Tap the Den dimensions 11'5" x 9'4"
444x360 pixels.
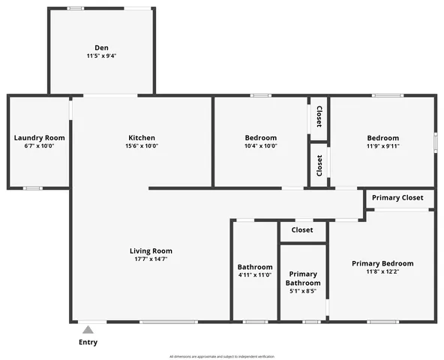pos(101,56)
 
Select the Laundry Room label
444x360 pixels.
pos(39,138)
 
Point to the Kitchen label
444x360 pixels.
pos(142,138)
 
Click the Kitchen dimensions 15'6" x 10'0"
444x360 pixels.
pos(142,146)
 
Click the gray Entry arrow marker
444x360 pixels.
pos(88,329)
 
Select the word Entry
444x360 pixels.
pos(88,343)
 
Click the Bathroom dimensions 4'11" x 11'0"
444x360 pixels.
pos(255,275)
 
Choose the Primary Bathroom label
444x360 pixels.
pos(303,278)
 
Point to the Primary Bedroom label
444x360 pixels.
pos(382,263)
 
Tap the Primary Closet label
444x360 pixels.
pos(397,198)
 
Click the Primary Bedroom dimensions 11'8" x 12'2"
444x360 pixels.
pos(382,271)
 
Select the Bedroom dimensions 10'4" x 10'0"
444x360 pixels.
pos(261,146)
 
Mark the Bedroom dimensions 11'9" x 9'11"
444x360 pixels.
pos(382,146)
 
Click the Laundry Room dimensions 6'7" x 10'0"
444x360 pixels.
pos(39,146)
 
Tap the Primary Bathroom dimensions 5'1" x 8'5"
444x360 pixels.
pos(303,291)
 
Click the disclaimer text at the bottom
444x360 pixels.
pos(222,356)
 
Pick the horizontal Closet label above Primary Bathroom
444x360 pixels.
pos(302,230)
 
